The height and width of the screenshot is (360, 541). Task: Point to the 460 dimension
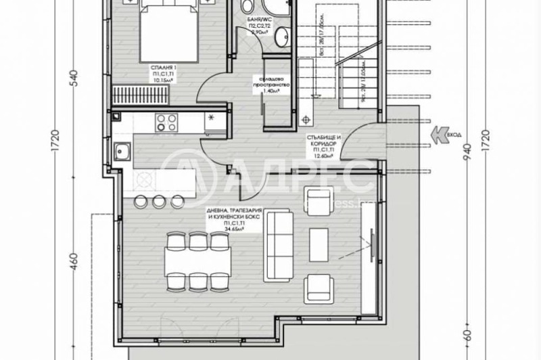[75, 261]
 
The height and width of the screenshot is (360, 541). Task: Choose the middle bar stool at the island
[159, 200]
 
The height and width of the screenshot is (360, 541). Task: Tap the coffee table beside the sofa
[318, 240]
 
